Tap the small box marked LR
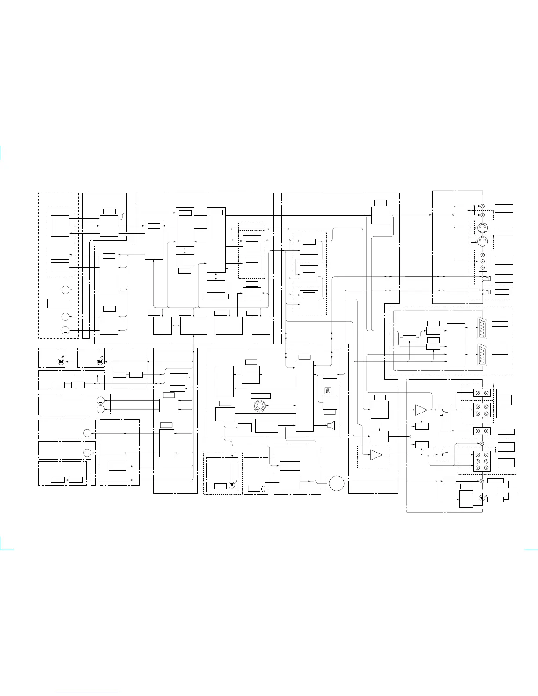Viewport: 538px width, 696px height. [x=327, y=391]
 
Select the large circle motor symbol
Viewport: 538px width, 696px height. [x=336, y=484]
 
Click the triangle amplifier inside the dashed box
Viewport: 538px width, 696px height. [x=376, y=455]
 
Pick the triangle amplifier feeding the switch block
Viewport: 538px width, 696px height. [x=421, y=410]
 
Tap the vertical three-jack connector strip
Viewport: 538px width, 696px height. [x=483, y=261]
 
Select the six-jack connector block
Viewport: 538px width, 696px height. [x=482, y=462]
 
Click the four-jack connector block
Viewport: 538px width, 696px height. [x=482, y=410]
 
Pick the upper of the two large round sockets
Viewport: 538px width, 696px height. [x=482, y=228]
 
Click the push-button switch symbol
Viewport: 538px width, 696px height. [x=262, y=489]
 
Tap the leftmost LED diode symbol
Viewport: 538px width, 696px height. [x=61, y=362]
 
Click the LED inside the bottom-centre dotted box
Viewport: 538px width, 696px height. [x=232, y=485]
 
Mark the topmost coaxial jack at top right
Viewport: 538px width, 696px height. [x=482, y=207]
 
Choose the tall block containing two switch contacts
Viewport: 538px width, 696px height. [x=444, y=432]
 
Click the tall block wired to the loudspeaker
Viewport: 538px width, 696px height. [x=305, y=397]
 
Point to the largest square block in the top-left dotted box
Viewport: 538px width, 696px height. [x=60, y=226]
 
